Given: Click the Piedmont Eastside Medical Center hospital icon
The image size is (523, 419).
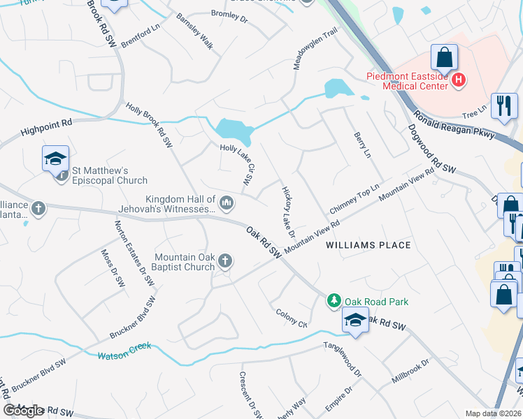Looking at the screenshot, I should point(459,81).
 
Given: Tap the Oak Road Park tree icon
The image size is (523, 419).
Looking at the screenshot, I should point(335,301).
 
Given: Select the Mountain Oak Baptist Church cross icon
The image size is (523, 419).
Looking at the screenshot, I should point(224,261).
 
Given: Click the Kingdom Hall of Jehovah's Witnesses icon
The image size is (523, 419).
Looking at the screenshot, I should point(226,203).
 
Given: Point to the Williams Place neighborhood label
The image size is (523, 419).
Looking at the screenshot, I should point(368,245).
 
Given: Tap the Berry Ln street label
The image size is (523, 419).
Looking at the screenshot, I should point(362,145).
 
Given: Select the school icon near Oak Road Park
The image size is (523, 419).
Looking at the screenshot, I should point(355,321).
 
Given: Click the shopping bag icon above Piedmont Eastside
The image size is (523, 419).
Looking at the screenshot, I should point(445,56).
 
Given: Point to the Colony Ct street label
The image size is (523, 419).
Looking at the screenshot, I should point(292,318).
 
